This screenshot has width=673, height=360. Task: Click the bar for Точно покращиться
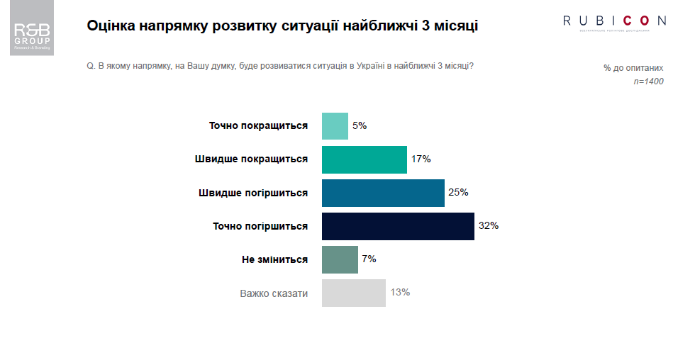pyautogui.click(x=335, y=126)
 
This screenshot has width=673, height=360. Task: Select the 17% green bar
pyautogui.click(x=364, y=159)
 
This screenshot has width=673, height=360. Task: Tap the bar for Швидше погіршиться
pyautogui.click(x=383, y=193)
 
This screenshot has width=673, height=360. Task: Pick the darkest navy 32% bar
pyautogui.click(x=398, y=226)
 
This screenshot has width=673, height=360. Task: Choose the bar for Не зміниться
pyautogui.click(x=340, y=259)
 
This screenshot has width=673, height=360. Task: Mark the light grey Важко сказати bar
pyautogui.click(x=353, y=293)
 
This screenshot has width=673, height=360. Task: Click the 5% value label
pyautogui.click(x=360, y=126)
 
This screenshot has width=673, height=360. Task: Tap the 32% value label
pyautogui.click(x=489, y=226)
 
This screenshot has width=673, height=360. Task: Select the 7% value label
pyautogui.click(x=369, y=259)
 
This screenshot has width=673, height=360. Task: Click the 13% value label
pyautogui.click(x=400, y=292)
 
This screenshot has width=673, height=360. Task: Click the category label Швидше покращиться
pyautogui.click(x=251, y=159)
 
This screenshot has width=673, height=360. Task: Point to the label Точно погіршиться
pyautogui.click(x=260, y=226)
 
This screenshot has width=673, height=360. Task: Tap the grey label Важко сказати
pyautogui.click(x=274, y=293)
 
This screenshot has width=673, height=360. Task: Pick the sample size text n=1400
pyautogui.click(x=648, y=81)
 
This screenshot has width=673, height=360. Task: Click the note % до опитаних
pyautogui.click(x=633, y=68)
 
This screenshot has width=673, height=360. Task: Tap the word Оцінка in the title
pyautogui.click(x=111, y=27)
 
